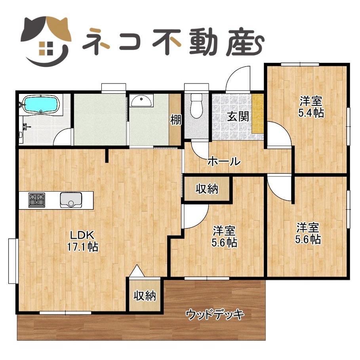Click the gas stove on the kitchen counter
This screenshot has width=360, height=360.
37,200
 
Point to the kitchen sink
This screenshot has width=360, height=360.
71,200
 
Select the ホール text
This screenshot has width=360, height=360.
224,161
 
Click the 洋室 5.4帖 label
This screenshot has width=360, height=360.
311,107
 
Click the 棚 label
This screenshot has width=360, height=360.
176,119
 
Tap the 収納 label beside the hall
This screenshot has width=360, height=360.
207,189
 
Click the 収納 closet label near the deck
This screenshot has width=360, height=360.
145,295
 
